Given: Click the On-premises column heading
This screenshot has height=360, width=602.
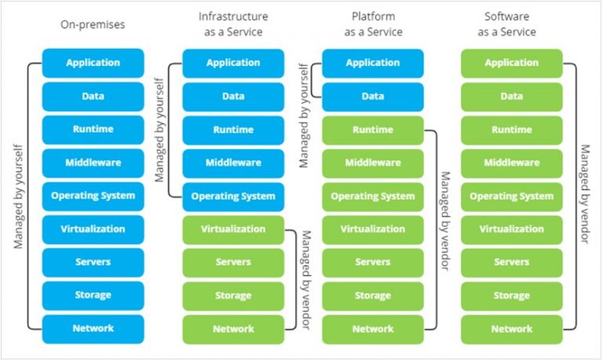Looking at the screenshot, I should [93, 25].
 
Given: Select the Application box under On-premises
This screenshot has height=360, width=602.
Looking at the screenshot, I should [93, 63].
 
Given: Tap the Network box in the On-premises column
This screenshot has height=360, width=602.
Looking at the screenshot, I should [93, 329].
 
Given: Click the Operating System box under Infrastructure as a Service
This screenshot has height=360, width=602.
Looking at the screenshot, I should [233, 197].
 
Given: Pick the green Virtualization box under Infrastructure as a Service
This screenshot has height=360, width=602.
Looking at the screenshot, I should [233, 230].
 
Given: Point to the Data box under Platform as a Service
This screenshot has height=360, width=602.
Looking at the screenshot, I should [372, 96].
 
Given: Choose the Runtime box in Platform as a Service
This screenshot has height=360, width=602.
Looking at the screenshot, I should [372, 130].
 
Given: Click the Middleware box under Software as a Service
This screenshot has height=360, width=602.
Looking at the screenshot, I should [512, 163].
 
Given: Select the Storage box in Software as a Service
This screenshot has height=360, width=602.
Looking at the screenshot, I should [512, 296].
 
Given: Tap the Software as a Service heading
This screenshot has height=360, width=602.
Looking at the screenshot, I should [512, 25].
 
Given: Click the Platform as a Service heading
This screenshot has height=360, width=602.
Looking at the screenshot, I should [372, 25].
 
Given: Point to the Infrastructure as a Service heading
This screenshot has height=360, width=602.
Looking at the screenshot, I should [233, 25].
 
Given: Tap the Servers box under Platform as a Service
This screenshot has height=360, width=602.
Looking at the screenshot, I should [372, 263].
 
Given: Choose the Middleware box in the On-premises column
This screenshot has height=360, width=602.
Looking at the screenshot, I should [93, 163].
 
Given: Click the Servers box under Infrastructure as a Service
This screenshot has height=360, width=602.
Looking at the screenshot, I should [233, 263].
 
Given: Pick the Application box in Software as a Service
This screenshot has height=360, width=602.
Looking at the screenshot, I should [512, 63].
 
